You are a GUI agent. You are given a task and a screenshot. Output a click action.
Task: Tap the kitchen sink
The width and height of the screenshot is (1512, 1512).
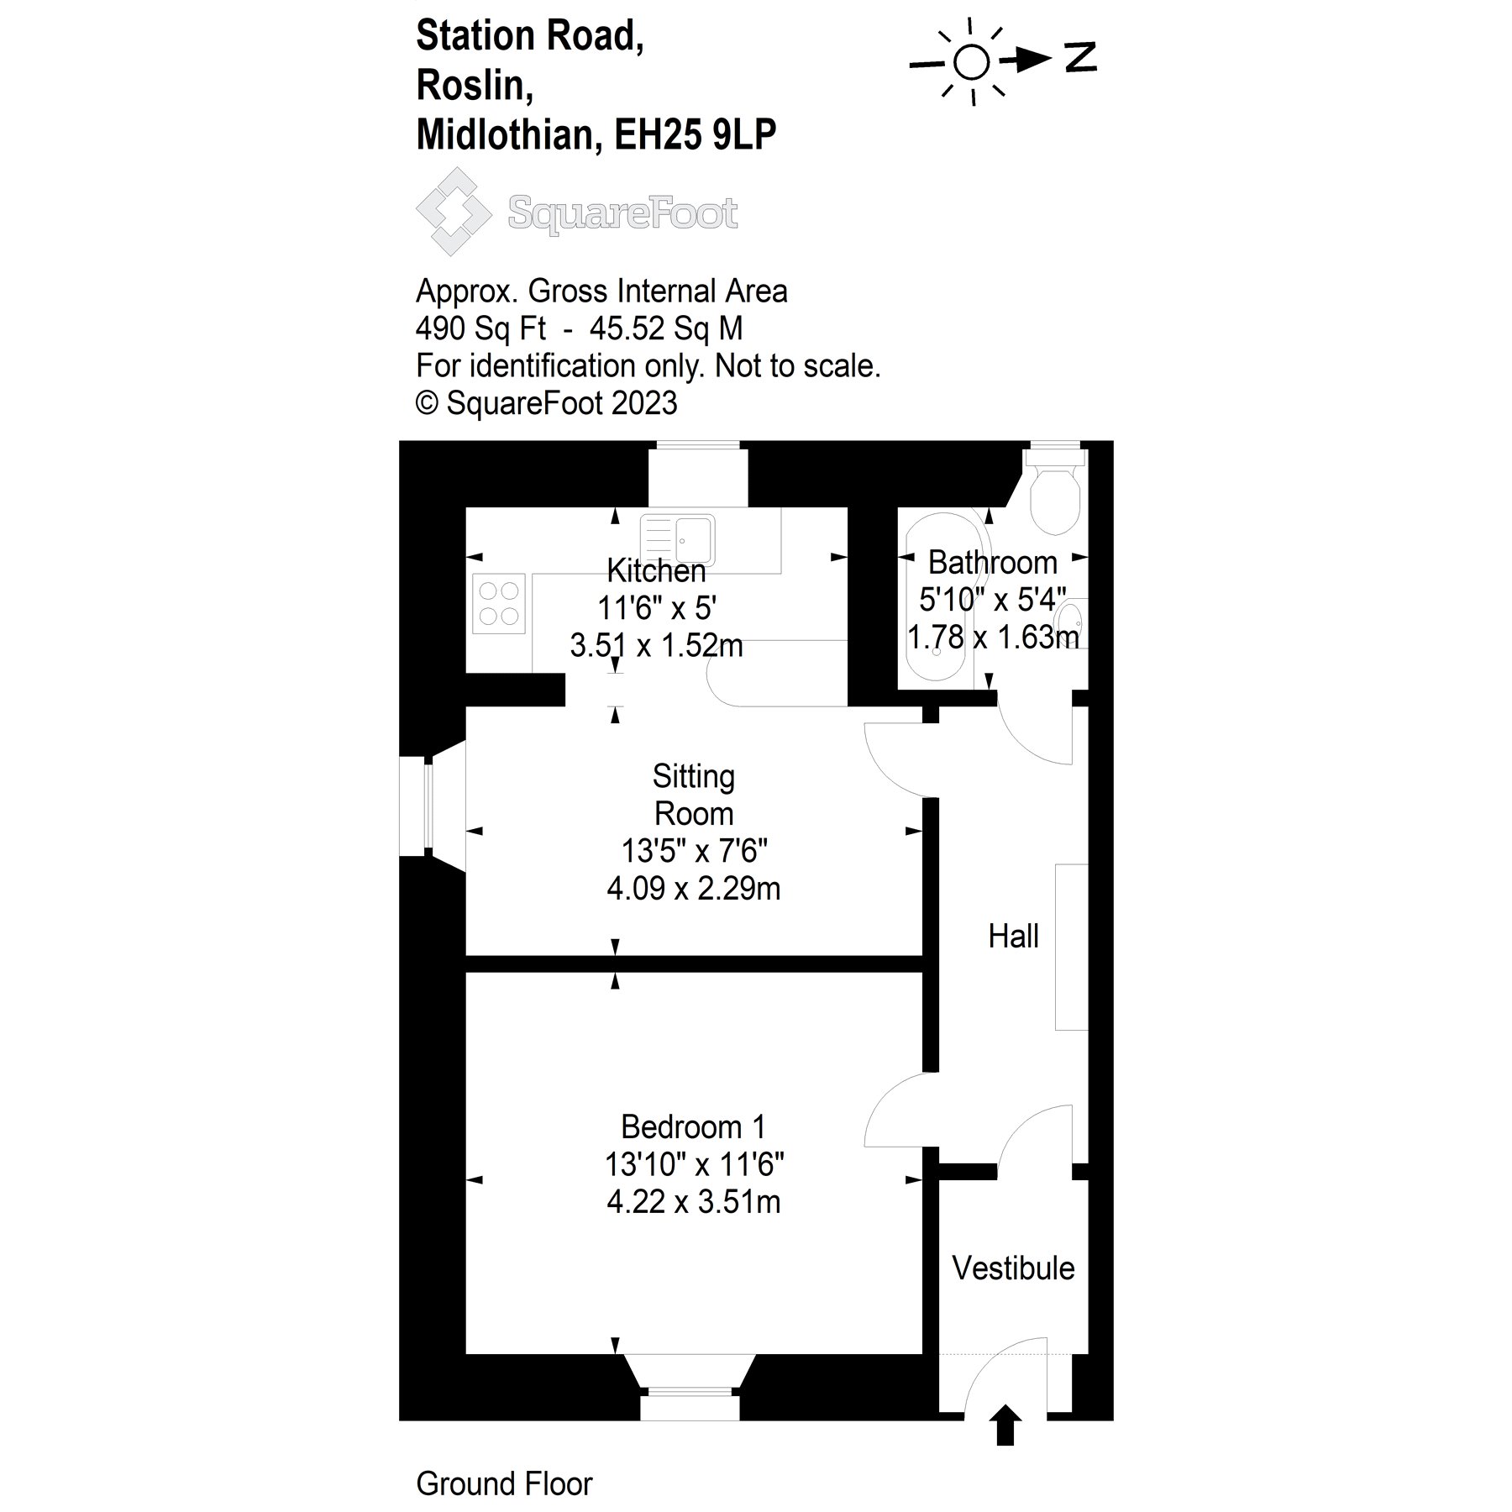pyautogui.click(x=678, y=538)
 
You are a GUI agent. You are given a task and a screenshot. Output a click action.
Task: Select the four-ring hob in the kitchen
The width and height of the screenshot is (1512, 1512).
pyautogui.click(x=498, y=603)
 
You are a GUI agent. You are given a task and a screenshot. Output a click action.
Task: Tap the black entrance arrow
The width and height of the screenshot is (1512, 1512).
pyautogui.click(x=1005, y=1425)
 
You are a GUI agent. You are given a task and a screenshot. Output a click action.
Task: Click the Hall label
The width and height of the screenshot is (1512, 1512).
pyautogui.click(x=1013, y=936)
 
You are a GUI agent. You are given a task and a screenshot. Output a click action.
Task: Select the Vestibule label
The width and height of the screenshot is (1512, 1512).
pyautogui.click(x=1013, y=1268)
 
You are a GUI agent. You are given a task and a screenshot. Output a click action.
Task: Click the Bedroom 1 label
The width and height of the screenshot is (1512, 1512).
pyautogui.click(x=693, y=1126)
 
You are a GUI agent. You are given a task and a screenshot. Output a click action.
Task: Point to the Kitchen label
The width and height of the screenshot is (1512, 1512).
pyautogui.click(x=656, y=570)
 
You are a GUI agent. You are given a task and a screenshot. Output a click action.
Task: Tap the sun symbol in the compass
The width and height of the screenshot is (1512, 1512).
pyautogui.click(x=972, y=61)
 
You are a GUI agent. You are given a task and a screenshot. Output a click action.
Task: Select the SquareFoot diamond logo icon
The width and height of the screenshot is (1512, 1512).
pyautogui.click(x=454, y=211)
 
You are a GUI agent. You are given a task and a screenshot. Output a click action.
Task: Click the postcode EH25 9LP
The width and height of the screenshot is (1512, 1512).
pyautogui.click(x=696, y=134)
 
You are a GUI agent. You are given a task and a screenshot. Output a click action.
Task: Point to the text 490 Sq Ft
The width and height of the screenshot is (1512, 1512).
pyautogui.click(x=480, y=328)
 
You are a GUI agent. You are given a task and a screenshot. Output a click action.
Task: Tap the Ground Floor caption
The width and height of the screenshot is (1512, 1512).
pyautogui.click(x=504, y=1484)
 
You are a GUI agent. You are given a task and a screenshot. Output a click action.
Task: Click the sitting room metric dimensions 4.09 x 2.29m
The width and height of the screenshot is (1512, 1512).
pyautogui.click(x=693, y=888)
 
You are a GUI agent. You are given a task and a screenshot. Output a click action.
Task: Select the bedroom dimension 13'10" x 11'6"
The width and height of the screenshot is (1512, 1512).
pyautogui.click(x=693, y=1164)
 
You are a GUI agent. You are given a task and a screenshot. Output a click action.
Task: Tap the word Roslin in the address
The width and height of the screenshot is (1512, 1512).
pyautogui.click(x=475, y=85)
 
